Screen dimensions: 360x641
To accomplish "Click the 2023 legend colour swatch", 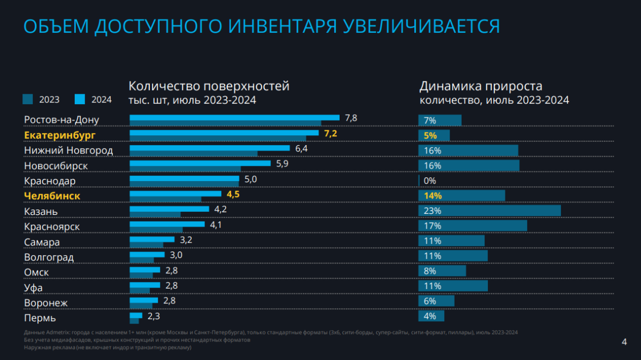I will (28, 99).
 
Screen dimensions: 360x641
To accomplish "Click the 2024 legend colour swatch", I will (80, 99).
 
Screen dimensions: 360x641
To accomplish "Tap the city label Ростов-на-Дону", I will (62, 119).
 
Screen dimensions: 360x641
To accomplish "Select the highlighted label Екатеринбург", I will (60, 135).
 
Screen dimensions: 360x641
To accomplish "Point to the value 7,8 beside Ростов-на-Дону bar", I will (351, 118).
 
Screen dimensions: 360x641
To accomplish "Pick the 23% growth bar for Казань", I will (489, 211).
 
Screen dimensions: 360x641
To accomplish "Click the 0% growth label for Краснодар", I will (430, 181).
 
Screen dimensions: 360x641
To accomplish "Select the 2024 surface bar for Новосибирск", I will (199, 163).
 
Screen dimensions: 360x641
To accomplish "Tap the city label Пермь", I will (40, 318).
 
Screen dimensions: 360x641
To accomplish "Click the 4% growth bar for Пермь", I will (431, 316).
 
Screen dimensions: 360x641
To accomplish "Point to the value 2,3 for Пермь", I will (153, 315).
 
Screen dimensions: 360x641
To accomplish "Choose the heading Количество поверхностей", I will (209, 86).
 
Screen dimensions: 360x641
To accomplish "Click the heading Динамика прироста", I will (481, 86).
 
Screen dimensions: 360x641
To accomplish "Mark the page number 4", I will (624, 342).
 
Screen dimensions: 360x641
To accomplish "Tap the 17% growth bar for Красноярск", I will (472, 225).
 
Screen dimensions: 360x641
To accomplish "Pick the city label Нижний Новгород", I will (69, 150).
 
